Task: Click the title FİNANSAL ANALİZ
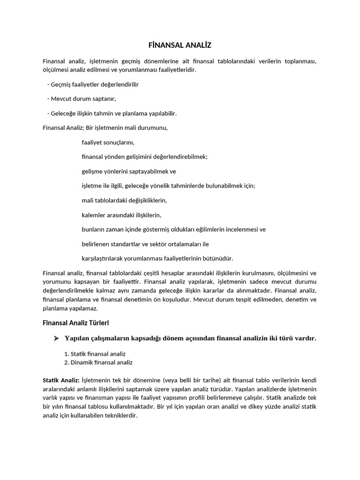point(180,45)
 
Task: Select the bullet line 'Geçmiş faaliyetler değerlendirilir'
point(94,84)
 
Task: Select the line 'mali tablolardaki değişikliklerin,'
point(124,200)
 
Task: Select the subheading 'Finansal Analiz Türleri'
point(75,322)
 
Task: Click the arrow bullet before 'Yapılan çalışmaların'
point(56,338)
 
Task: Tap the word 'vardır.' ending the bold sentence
point(305,338)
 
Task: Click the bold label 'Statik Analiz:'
point(61,380)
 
